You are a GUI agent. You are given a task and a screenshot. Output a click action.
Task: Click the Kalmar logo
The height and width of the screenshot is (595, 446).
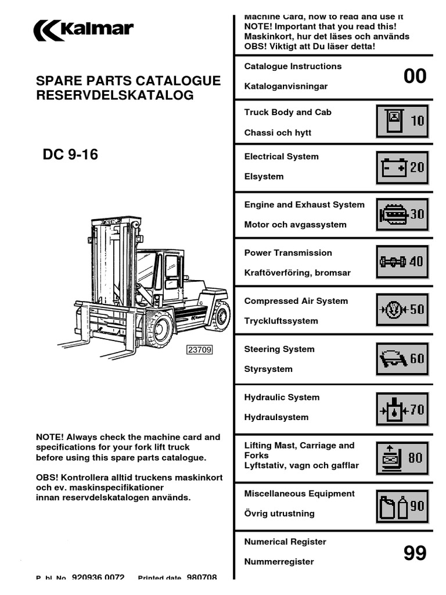click(84, 30)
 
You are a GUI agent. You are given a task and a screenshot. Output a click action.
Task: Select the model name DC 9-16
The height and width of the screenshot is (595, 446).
click(70, 155)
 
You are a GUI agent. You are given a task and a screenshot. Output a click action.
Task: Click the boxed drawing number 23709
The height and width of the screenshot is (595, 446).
click(199, 350)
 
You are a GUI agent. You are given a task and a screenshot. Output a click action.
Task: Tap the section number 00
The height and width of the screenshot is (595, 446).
click(415, 76)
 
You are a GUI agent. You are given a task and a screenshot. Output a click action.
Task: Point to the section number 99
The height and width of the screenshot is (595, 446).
click(415, 553)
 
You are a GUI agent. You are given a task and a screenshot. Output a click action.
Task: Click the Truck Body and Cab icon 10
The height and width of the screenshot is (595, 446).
click(402, 120)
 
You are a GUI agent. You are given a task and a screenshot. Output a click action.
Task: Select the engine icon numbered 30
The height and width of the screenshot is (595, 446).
click(402, 214)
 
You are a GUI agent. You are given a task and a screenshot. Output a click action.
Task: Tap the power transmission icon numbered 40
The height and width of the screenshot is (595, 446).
click(402, 261)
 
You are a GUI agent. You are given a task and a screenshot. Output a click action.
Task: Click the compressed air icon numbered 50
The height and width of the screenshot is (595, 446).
click(402, 309)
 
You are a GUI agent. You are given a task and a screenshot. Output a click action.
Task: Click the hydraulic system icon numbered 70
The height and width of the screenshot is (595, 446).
click(402, 410)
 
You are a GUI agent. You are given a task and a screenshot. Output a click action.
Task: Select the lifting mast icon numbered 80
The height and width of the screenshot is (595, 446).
click(402, 457)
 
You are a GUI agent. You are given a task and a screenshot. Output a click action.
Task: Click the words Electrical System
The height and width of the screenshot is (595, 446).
click(281, 156)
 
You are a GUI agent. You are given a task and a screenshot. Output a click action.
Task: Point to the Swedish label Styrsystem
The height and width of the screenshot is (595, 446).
click(268, 369)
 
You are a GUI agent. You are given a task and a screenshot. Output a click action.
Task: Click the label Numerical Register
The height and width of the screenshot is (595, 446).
click(285, 542)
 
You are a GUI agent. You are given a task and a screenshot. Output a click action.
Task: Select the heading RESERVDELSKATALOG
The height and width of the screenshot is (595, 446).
click(115, 95)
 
